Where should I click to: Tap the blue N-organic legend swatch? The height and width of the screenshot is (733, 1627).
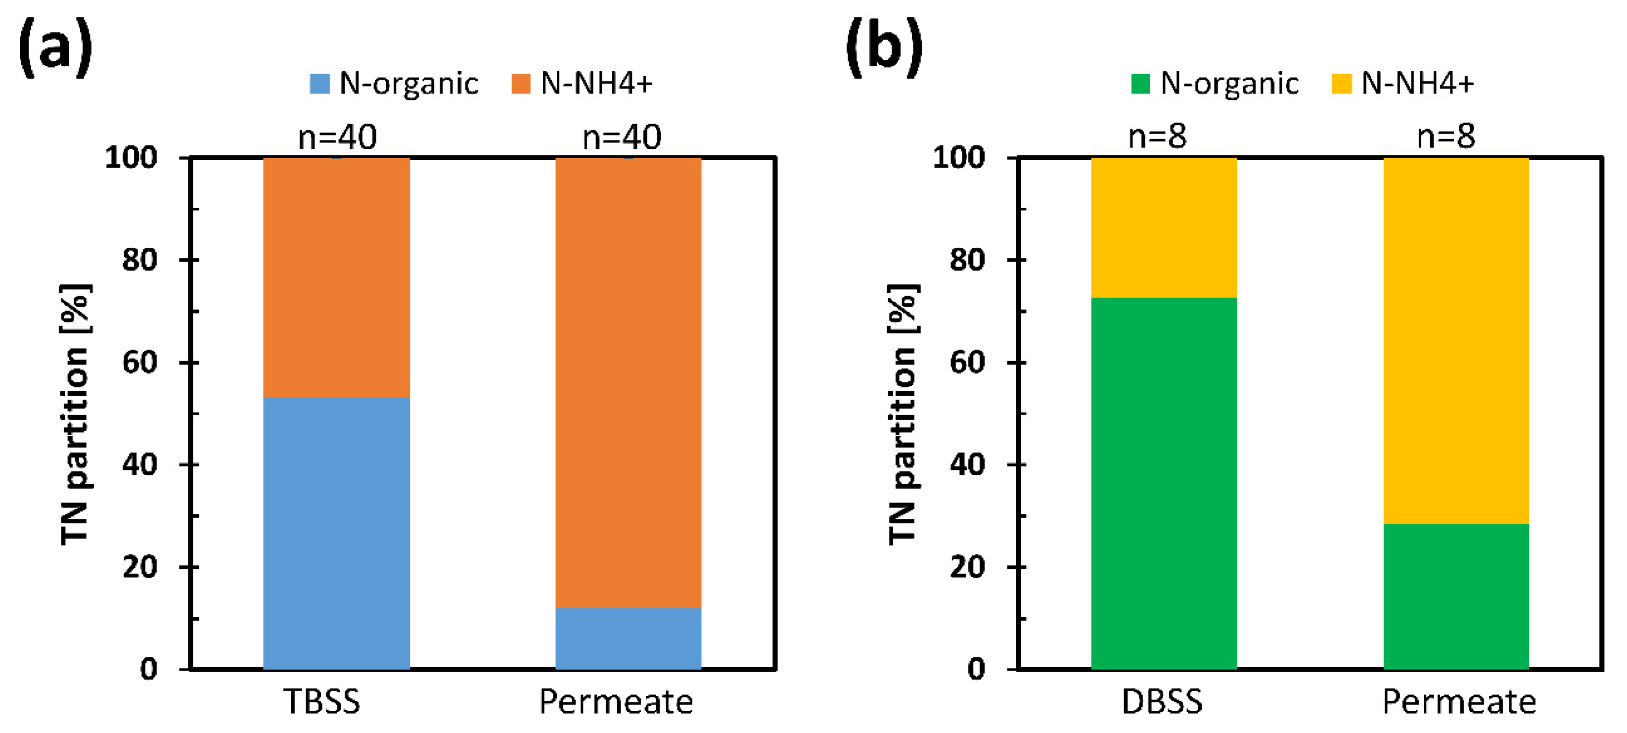click(x=319, y=84)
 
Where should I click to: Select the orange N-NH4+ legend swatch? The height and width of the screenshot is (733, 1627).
click(x=520, y=84)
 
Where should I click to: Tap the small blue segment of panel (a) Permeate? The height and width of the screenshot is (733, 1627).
click(x=628, y=638)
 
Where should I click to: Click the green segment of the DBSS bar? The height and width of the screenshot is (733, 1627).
click(x=1164, y=483)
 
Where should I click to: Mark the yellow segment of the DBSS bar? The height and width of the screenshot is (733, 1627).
click(x=1164, y=228)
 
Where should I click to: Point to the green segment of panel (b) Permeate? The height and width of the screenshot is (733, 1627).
click(x=1456, y=596)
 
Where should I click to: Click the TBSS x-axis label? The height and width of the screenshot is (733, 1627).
click(x=322, y=701)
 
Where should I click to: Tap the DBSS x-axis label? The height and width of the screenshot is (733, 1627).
click(x=1162, y=701)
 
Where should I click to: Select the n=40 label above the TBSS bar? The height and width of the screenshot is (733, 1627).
click(x=337, y=137)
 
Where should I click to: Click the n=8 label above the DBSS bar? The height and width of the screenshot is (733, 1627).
click(x=1157, y=136)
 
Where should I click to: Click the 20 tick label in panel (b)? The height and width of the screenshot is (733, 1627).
click(x=967, y=567)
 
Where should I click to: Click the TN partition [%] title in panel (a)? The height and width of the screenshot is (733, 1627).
click(x=75, y=414)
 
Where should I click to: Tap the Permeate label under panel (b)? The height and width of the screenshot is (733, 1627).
click(x=1459, y=701)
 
